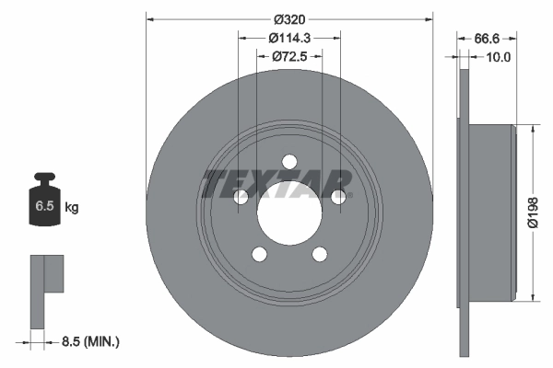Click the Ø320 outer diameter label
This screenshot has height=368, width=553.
click(x=288, y=17)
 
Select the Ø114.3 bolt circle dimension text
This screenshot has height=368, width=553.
click(x=288, y=38)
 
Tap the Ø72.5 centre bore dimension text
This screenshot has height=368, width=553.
click(x=288, y=57)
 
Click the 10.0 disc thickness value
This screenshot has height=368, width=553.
click(x=497, y=57)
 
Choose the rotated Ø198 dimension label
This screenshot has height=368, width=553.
click(x=533, y=211)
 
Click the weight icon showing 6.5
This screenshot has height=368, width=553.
click(x=44, y=204)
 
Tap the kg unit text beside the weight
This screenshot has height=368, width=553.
click(x=72, y=208)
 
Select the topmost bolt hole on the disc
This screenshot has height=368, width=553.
click(x=289, y=162)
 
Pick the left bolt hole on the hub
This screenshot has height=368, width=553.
click(x=241, y=197)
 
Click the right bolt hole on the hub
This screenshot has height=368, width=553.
click(x=338, y=197)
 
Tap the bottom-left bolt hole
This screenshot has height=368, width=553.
click(x=260, y=254)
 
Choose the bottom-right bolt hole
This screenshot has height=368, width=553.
click(x=320, y=254)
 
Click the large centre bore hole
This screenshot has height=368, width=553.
click(x=289, y=213)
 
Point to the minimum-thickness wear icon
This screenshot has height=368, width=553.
click(x=46, y=289)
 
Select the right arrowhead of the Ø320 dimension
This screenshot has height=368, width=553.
click(x=429, y=17)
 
